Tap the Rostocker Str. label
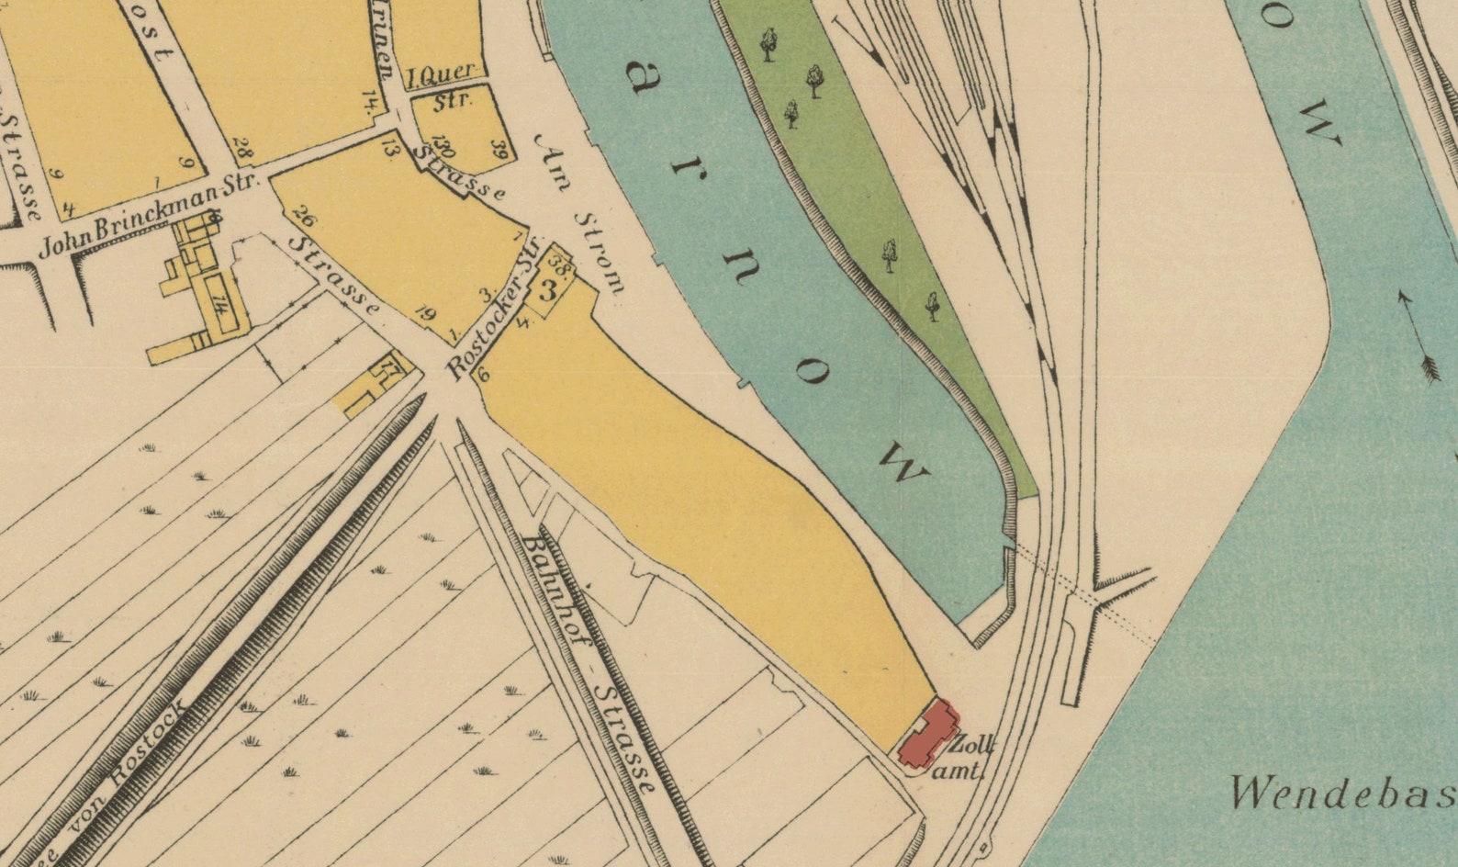coord(492,318)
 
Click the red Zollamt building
coord(927,735)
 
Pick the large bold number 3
coord(548,292)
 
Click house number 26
coord(303,218)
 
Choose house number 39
coord(499,149)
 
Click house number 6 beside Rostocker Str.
coord(484,374)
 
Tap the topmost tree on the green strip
coord(768,42)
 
